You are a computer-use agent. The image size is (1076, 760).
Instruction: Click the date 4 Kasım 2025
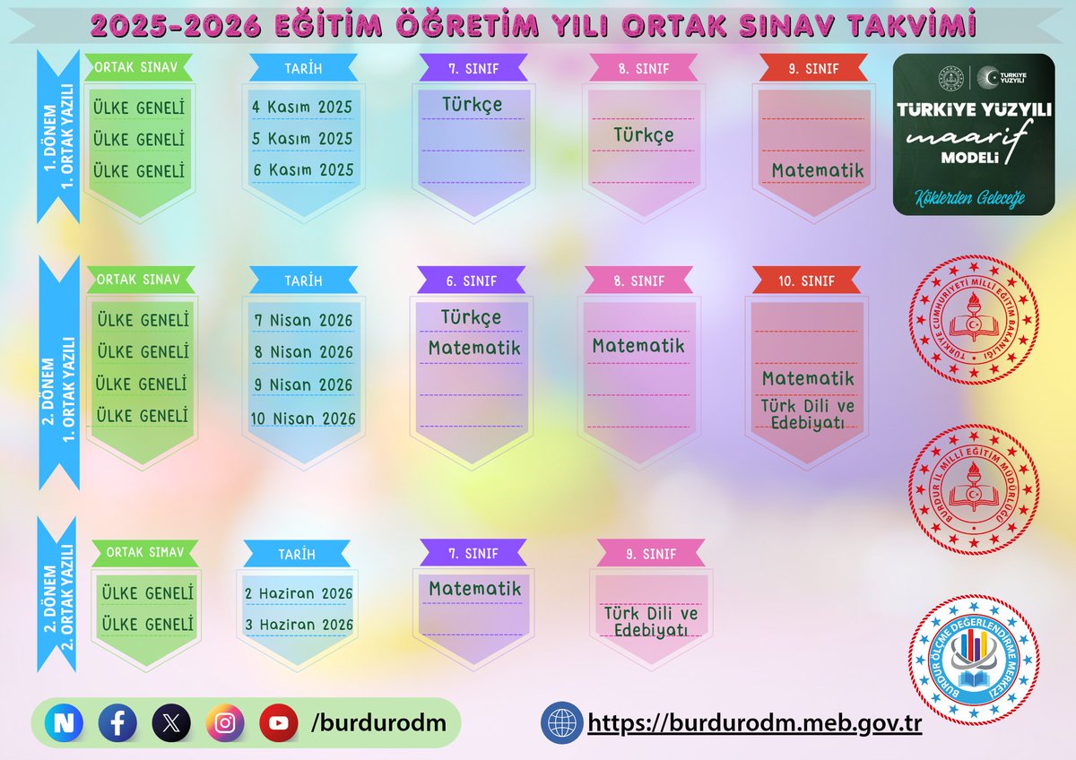tap(302, 107)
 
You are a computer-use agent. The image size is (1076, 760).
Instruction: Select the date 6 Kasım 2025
tap(302, 169)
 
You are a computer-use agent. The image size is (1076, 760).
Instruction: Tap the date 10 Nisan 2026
tap(303, 418)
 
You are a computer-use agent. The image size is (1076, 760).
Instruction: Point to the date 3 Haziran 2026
tap(299, 625)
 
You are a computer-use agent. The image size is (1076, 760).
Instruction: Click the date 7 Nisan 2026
tap(303, 320)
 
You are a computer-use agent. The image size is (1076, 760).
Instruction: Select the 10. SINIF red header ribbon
tap(806, 281)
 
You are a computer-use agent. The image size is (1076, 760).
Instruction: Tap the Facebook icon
tap(117, 722)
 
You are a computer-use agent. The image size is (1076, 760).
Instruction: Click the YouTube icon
tap(279, 722)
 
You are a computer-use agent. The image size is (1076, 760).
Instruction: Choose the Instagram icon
tap(225, 722)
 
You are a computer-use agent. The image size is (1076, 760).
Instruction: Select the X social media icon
tap(171, 722)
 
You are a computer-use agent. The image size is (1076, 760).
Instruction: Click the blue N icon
tap(64, 722)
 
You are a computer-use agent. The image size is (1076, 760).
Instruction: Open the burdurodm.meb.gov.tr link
tap(754, 722)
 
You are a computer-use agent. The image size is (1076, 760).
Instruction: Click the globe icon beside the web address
tap(561, 722)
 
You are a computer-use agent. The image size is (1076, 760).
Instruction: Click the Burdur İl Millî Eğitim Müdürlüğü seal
tap(974, 488)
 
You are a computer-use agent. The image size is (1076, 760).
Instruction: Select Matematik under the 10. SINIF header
tap(808, 378)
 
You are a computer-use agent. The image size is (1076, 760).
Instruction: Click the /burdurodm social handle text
tap(378, 722)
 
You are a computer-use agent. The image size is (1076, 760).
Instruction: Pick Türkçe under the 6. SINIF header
tap(471, 317)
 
